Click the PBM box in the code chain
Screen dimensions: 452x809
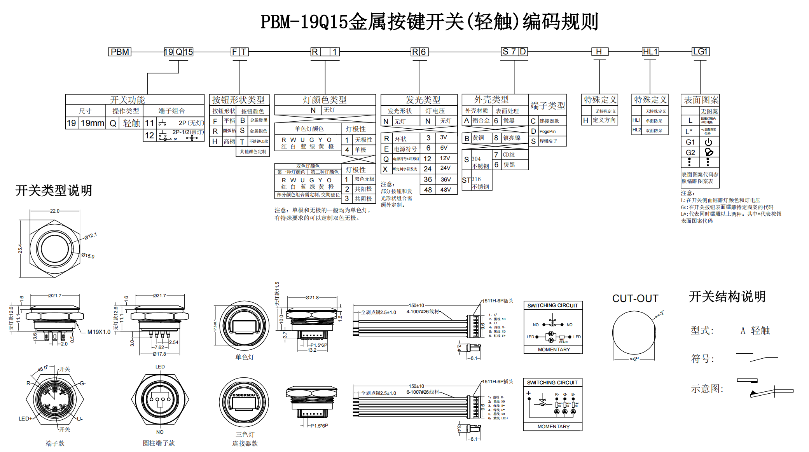point(120,52)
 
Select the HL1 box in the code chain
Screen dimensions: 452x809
point(650,52)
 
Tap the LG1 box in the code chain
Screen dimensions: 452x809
point(701,52)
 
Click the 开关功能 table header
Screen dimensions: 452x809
point(128,99)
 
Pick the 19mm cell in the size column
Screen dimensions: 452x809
point(92,123)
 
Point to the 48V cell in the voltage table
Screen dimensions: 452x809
point(446,190)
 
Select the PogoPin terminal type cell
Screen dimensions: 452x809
point(548,131)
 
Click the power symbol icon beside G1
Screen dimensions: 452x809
point(708,142)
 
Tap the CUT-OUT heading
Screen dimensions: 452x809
point(635,298)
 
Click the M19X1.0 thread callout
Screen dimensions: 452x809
point(99,332)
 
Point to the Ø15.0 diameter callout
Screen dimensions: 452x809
point(88,256)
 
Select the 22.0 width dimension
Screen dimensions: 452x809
point(55,211)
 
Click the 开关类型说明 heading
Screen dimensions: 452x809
point(54,191)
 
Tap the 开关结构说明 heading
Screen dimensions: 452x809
point(727,297)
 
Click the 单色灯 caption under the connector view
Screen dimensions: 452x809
point(245,357)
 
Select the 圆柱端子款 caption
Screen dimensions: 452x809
point(159,443)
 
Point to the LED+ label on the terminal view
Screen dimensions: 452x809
point(25,419)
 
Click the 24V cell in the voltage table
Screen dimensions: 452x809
point(446,168)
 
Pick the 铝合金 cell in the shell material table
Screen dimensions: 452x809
point(481,120)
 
